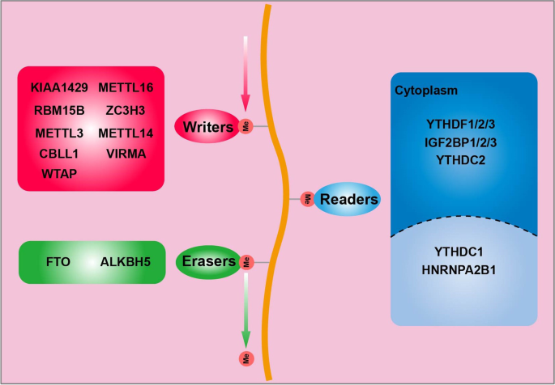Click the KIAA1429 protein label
(59, 87)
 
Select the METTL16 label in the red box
(126, 87)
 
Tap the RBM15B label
(59, 110)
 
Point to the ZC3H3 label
(126, 110)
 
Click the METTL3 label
(59, 133)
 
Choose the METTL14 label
(126, 133)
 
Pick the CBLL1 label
(59, 153)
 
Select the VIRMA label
(126, 153)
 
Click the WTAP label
(59, 173)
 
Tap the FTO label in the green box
(59, 262)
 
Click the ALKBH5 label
(126, 262)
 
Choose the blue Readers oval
(348, 198)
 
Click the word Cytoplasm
(425, 90)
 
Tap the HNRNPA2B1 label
(464, 269)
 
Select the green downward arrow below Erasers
(245, 311)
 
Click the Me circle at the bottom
(245, 357)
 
